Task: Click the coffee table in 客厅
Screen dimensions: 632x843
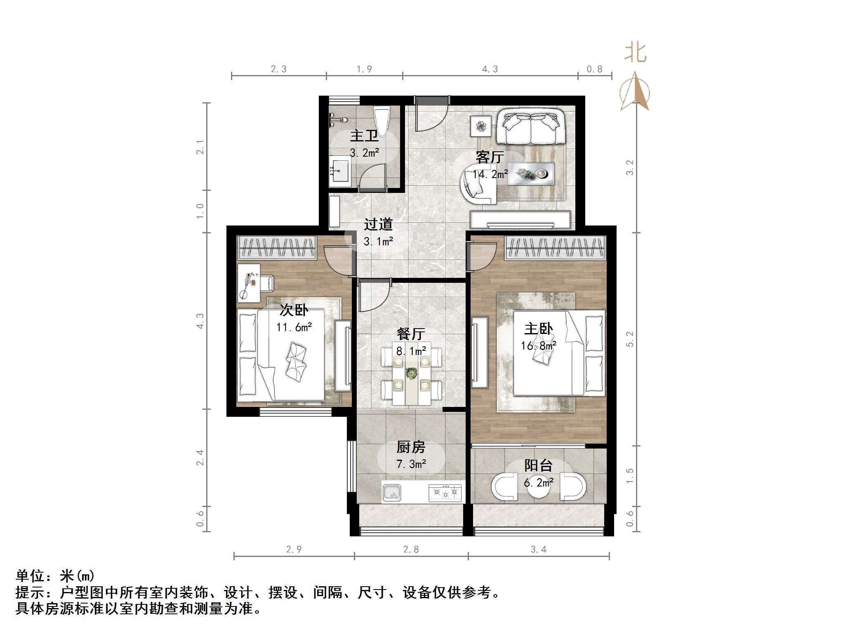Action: tap(531, 174)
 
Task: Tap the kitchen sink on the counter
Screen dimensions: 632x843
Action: tap(391, 492)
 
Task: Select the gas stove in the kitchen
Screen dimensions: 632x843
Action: tap(445, 492)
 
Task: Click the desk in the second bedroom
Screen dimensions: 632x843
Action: tap(249, 282)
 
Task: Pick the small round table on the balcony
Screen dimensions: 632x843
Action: tap(539, 487)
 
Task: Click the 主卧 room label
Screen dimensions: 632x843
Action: tap(538, 329)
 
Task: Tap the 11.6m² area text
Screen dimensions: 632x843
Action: tap(294, 327)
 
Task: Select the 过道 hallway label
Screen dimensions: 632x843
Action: tap(378, 225)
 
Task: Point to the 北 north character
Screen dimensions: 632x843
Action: tap(635, 54)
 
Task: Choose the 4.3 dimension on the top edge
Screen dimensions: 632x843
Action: tap(490, 69)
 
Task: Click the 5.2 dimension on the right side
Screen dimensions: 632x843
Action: tap(630, 339)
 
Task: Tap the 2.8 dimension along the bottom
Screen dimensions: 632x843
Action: tap(411, 549)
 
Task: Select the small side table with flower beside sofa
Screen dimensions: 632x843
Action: tap(481, 126)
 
